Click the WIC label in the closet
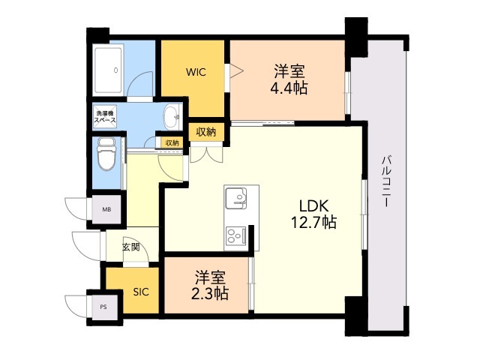point(196,73)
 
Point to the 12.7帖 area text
point(313,223)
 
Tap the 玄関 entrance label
point(131,246)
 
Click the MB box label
point(106,209)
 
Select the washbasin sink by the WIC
point(172,116)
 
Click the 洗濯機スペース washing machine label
point(104,116)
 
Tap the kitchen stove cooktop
point(237,236)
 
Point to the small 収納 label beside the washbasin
point(171,142)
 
